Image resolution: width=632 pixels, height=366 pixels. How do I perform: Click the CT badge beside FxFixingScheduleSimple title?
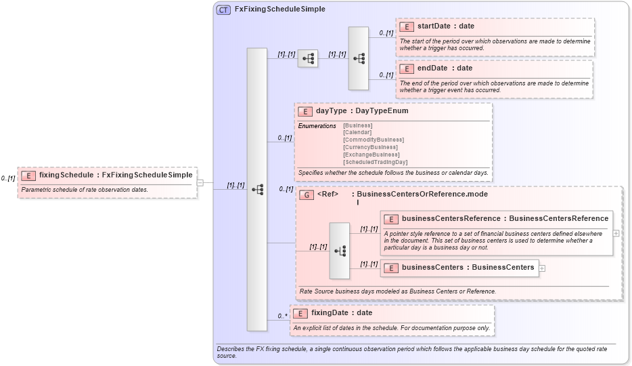click(x=223, y=9)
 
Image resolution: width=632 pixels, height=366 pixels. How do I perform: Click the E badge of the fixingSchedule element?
click(x=28, y=175)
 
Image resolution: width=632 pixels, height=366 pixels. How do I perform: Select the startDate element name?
click(x=432, y=26)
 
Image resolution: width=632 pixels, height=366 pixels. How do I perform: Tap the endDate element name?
click(x=432, y=68)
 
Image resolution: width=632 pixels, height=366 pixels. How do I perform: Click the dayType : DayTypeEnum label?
click(x=361, y=111)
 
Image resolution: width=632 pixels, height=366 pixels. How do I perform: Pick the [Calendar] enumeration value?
click(x=357, y=133)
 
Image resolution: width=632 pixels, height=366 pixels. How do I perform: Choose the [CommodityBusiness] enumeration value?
click(x=373, y=140)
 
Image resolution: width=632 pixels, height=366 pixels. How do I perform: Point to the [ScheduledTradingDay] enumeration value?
click(x=375, y=162)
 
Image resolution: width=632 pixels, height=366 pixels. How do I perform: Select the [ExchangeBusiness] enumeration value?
click(x=371, y=155)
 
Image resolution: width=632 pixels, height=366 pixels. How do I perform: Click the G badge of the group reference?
click(x=307, y=195)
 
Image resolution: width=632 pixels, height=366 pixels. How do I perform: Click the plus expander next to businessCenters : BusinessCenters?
click(x=543, y=268)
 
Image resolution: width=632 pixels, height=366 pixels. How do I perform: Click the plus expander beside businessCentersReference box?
click(x=616, y=232)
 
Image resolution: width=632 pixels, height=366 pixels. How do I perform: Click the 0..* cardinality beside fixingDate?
click(x=282, y=316)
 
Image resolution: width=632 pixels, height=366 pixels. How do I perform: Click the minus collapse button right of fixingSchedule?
click(x=200, y=182)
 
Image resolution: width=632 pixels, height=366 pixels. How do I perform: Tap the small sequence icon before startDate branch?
click(x=308, y=59)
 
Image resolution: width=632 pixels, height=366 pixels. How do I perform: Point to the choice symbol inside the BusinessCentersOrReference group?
click(x=340, y=251)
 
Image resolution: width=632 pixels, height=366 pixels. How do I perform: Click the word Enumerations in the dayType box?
click(x=317, y=126)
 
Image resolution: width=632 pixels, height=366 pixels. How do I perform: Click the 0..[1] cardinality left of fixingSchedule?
click(x=8, y=178)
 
